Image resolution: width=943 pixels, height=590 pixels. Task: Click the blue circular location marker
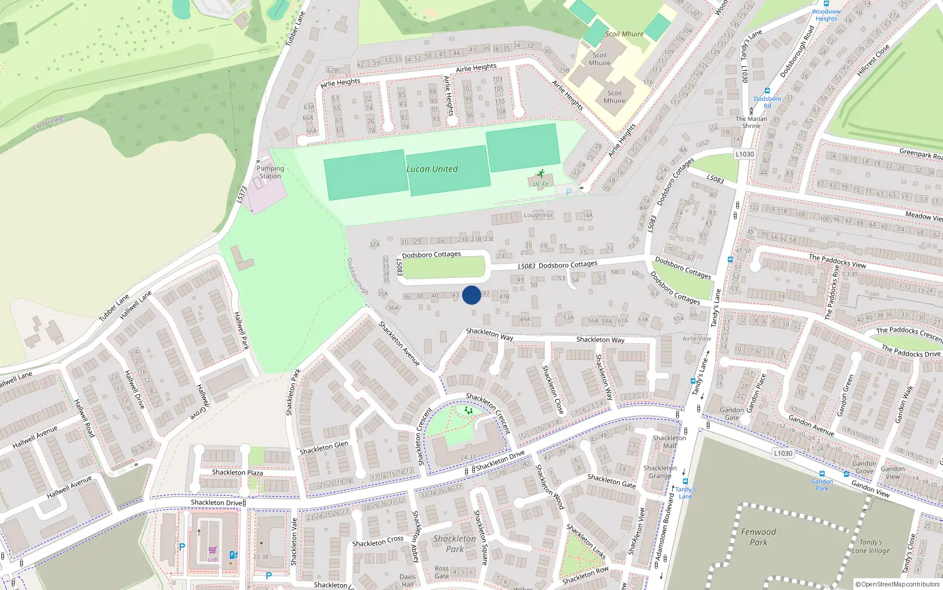[x=471, y=295]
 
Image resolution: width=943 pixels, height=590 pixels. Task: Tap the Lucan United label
[x=432, y=169]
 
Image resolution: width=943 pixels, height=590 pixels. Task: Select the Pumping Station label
[x=270, y=172]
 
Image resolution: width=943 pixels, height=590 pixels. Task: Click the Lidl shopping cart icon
[x=212, y=550]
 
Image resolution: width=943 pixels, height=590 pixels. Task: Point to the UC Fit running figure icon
[x=540, y=174]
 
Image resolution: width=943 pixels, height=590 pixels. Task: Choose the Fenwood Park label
[x=759, y=537]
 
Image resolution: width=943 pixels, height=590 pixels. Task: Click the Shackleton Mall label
[x=670, y=441]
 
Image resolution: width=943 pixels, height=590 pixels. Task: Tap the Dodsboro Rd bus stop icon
[x=767, y=91]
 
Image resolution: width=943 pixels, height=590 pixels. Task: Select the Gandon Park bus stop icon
[x=822, y=474]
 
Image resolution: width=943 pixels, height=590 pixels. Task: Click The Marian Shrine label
[x=751, y=122]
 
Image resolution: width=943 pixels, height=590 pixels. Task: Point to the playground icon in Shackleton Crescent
[x=469, y=410]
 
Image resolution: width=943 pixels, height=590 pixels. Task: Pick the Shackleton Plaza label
[x=238, y=473]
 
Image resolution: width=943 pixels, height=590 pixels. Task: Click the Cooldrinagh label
[x=49, y=123]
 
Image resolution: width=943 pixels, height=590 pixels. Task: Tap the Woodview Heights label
[x=826, y=15]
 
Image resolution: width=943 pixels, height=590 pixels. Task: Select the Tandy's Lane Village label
[x=871, y=546]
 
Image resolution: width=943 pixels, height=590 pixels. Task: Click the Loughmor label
[x=539, y=215]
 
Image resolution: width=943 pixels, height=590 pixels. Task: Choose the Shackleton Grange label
[x=660, y=472]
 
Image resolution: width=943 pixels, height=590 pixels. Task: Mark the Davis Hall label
[x=408, y=581]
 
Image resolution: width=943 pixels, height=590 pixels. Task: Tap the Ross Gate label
[x=442, y=572]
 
